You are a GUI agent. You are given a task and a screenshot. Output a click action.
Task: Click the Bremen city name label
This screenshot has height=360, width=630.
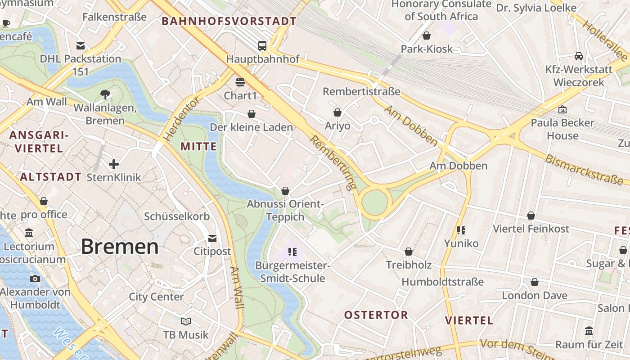tap(120, 247)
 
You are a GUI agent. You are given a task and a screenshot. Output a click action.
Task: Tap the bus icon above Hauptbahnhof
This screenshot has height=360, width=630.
tap(262, 45)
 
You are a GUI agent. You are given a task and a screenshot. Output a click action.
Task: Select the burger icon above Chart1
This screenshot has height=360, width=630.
tap(240, 82)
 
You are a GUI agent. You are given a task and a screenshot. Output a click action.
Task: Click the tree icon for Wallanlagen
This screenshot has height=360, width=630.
tap(105, 94)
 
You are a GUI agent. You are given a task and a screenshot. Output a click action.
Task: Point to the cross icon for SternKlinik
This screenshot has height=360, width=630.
tap(114, 164)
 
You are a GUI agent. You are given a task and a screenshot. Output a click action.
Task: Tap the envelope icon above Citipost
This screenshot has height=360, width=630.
tap(212, 238)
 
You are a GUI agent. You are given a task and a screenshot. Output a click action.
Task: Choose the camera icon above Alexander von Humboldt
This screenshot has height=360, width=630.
tap(35, 279)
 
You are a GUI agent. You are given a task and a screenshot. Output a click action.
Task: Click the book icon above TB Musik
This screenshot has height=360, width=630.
tap(186, 321)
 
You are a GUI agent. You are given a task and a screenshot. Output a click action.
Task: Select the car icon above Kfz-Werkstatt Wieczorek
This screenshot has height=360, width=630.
tap(579, 56)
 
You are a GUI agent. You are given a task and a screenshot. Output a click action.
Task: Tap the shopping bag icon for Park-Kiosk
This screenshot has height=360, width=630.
tap(427, 36)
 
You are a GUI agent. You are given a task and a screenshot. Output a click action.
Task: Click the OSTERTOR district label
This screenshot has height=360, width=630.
tap(376, 315)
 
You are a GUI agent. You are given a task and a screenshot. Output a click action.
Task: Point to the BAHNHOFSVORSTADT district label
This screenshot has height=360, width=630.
tap(229, 21)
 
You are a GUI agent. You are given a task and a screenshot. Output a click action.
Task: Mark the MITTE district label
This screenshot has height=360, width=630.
tap(198, 147)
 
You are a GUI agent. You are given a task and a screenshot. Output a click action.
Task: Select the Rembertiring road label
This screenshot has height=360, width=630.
tap(333, 162)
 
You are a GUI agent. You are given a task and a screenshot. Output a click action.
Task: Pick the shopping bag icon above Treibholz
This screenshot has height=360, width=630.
tap(409, 252)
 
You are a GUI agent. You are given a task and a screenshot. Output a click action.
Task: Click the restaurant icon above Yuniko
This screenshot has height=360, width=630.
tap(461, 230)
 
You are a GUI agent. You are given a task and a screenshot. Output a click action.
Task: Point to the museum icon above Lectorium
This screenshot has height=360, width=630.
tap(29, 233)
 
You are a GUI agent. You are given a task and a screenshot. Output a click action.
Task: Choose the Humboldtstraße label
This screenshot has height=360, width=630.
tap(442, 282)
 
